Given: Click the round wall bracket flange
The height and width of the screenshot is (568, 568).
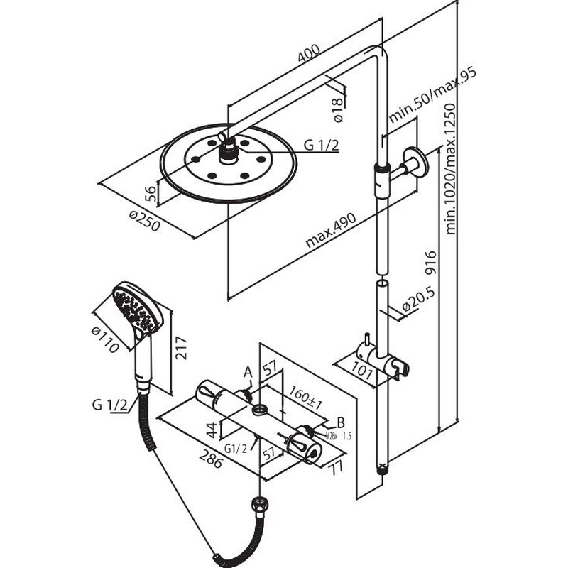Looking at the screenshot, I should pyautogui.click(x=414, y=161).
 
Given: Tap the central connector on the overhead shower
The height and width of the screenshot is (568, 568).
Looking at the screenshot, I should pyautogui.click(x=229, y=151).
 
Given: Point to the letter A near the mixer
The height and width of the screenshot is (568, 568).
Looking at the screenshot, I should pyautogui.click(x=248, y=371).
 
